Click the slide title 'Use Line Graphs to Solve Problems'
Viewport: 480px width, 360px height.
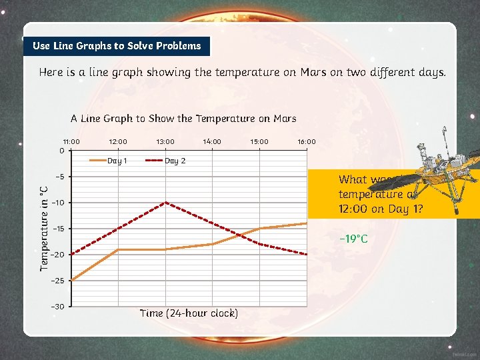click(x=117, y=46)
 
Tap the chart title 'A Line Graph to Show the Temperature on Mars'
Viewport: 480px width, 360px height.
click(x=183, y=119)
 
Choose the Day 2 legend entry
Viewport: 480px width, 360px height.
click(x=167, y=161)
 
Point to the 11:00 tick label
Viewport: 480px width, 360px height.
click(x=71, y=141)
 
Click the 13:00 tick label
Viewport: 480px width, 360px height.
click(x=165, y=141)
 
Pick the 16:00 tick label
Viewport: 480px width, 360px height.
click(x=307, y=141)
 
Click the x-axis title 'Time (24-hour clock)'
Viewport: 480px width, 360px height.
click(x=189, y=313)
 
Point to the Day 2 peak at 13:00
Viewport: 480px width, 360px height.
click(x=165, y=202)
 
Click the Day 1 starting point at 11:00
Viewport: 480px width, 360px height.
click(x=71, y=280)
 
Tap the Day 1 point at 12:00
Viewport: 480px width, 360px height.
click(x=119, y=249)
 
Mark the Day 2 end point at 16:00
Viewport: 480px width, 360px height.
click(x=306, y=254)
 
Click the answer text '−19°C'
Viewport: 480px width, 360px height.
click(x=353, y=239)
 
